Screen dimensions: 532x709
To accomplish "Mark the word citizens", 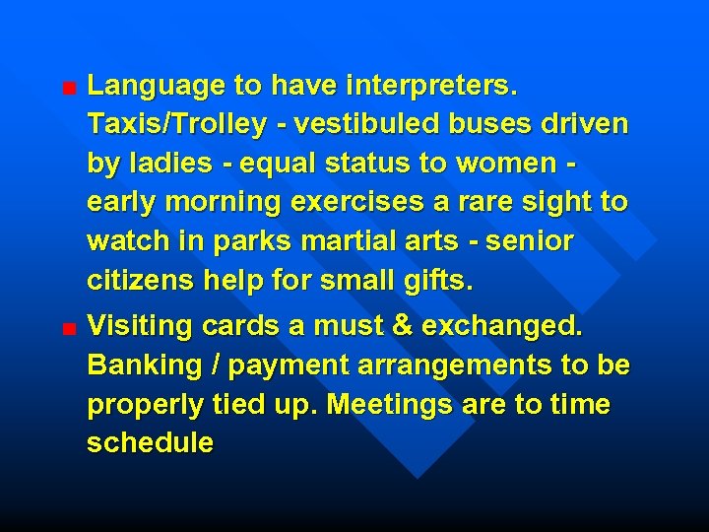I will [x=141, y=280].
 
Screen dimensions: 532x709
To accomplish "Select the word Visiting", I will [x=140, y=326].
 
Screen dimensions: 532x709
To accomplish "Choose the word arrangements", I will [x=452, y=365].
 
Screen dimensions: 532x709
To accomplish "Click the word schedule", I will [x=150, y=442].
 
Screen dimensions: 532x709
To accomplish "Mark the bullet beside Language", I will [x=66, y=88].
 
